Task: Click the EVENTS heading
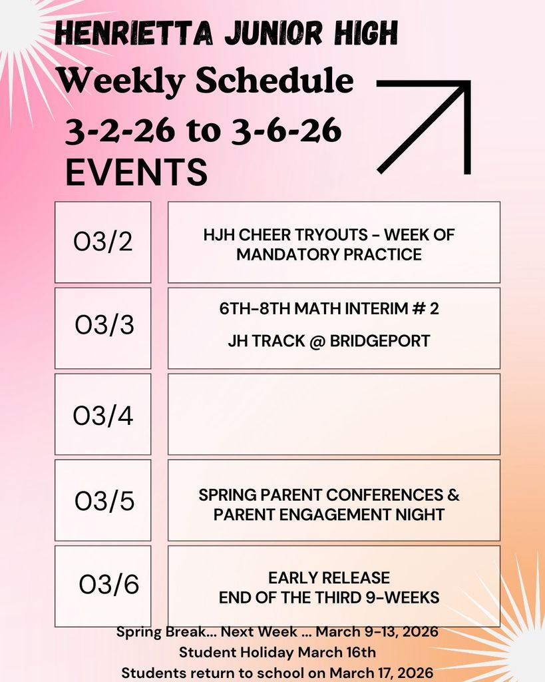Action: [136, 172]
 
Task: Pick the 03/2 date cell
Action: [103, 242]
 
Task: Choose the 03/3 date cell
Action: [104, 326]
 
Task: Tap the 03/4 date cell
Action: [103, 415]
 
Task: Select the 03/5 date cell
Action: [104, 500]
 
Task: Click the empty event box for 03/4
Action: [333, 414]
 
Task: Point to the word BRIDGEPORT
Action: [379, 341]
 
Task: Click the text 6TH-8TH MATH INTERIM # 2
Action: [329, 309]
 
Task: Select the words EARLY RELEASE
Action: [329, 577]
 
